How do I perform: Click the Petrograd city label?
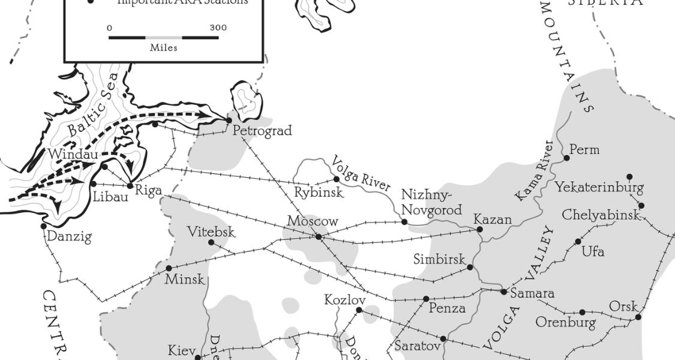[262, 130]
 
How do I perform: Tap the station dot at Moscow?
[319, 237]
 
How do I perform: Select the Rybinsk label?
[318, 193]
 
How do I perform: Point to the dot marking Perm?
[566, 158]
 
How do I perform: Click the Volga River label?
[361, 173]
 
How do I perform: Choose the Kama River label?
[533, 170]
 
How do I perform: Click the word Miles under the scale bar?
[163, 48]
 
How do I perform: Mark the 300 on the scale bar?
[218, 28]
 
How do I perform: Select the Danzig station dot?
[44, 226]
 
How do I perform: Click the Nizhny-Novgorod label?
[431, 202]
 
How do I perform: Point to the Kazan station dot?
[479, 229]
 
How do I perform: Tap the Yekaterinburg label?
[599, 187]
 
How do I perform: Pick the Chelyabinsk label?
[601, 215]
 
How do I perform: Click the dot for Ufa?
[578, 242]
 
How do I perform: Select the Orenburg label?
[565, 323]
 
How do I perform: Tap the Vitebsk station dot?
[211, 242]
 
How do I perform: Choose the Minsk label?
[185, 279]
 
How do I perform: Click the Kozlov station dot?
[359, 310]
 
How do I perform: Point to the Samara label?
[532, 293]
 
